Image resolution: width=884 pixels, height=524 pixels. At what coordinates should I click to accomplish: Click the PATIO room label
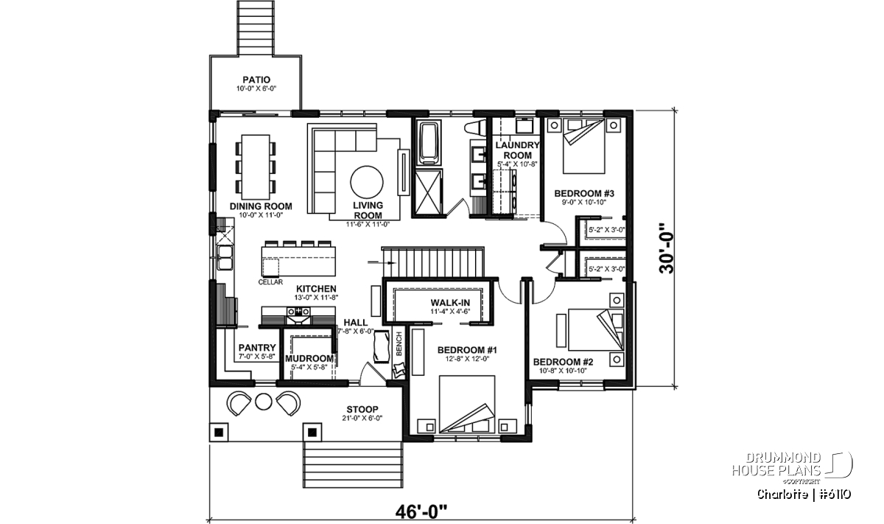(256, 80)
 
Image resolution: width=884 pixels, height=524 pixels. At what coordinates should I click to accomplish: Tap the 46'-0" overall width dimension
(421, 512)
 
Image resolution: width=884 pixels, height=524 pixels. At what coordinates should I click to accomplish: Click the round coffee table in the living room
(367, 182)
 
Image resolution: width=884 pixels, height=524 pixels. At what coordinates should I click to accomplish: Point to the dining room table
(256, 167)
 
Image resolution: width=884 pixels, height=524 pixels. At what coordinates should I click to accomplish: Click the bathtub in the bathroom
(428, 143)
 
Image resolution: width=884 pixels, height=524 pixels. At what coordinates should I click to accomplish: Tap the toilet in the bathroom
(477, 128)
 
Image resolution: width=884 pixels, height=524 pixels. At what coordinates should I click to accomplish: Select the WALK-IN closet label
(450, 303)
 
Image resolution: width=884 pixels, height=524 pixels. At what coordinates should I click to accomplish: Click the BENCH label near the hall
(399, 344)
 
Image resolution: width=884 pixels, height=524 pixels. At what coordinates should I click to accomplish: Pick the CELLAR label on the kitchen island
(270, 282)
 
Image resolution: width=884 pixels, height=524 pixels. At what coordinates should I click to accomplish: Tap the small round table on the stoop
(263, 402)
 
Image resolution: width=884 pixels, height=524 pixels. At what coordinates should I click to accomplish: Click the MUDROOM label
(309, 359)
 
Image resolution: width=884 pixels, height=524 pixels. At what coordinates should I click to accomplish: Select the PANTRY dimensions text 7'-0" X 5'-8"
(256, 356)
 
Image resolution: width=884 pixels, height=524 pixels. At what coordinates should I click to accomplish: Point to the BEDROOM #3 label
(584, 194)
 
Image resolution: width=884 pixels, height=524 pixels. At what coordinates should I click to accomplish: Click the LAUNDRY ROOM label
(517, 150)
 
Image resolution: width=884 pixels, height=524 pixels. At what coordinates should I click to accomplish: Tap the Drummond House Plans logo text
(776, 464)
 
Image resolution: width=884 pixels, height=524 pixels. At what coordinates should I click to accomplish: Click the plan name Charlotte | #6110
(804, 495)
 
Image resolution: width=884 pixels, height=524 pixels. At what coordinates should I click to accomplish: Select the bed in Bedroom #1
(467, 405)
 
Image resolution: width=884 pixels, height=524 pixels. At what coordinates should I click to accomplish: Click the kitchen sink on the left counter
(225, 257)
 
